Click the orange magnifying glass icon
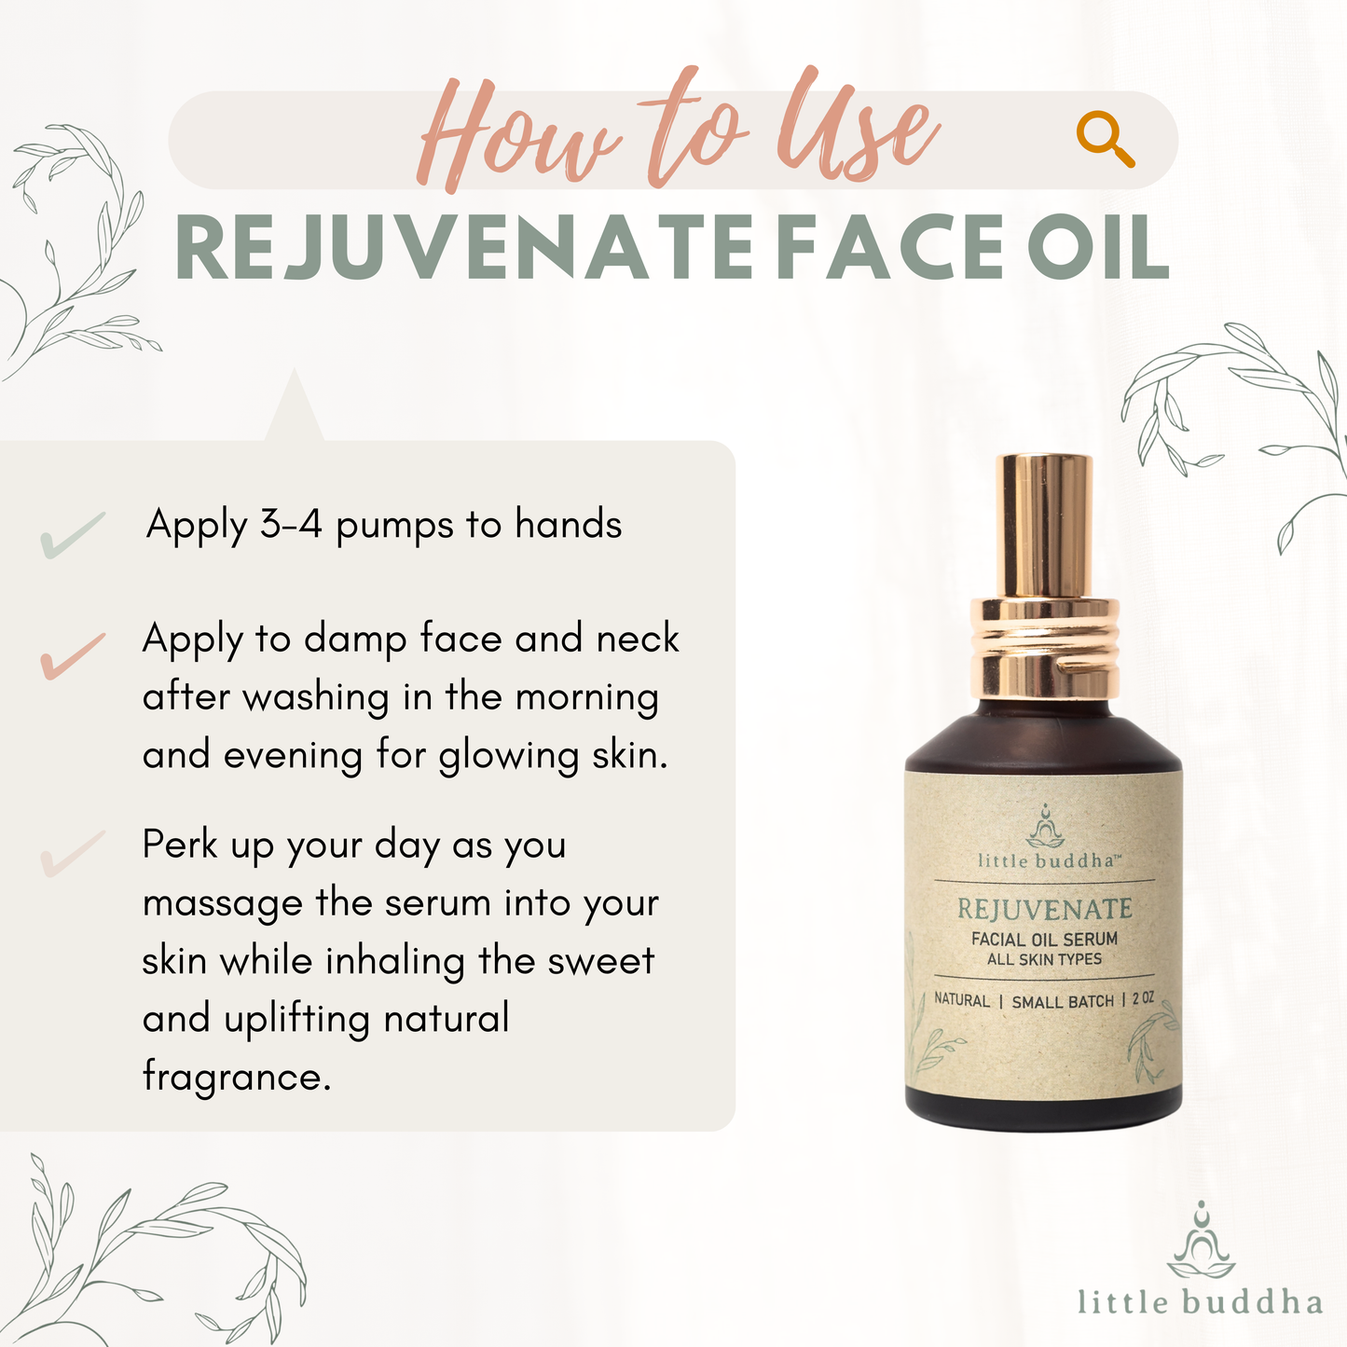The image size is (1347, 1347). [x=1105, y=138]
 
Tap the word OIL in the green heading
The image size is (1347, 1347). [x=1098, y=247]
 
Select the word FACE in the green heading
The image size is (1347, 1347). [x=890, y=247]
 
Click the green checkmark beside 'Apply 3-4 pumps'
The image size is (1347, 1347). [x=73, y=535]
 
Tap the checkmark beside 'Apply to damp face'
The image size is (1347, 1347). [x=73, y=655]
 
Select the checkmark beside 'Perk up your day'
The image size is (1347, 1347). [x=73, y=854]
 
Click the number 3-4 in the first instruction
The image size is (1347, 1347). [x=291, y=524]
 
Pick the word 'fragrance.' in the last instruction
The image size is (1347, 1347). [x=236, y=1076]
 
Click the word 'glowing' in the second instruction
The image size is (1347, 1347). [x=508, y=756]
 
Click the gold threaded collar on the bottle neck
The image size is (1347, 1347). [x=1044, y=650]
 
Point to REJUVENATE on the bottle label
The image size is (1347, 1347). [x=1044, y=909]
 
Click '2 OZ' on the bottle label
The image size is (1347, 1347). [x=1143, y=999]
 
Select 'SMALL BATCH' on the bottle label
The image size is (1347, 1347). [x=1063, y=1002]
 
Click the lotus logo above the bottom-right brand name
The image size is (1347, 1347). [x=1201, y=1241]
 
